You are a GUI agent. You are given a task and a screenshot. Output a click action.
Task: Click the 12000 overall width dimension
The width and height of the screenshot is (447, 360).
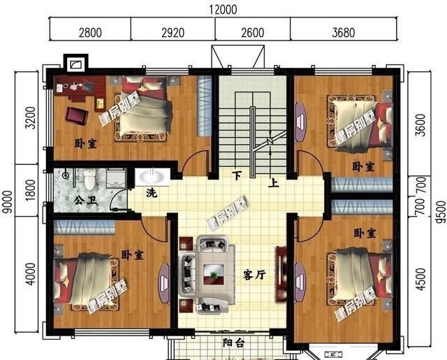point(223,9)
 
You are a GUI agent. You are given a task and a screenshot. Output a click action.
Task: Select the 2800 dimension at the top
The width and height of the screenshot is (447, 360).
point(90,31)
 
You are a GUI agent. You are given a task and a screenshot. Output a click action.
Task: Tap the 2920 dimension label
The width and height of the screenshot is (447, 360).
point(173,31)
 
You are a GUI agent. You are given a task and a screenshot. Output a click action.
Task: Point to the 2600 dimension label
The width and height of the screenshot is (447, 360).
point(252,31)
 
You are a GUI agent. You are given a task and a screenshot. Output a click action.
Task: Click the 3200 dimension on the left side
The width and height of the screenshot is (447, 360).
point(29,118)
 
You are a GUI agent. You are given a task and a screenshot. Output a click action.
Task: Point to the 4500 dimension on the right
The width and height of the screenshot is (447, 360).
point(419,280)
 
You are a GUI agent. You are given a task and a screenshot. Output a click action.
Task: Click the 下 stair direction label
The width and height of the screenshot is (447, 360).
point(237,175)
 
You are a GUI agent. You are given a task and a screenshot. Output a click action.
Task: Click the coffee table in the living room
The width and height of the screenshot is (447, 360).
point(212,273)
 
